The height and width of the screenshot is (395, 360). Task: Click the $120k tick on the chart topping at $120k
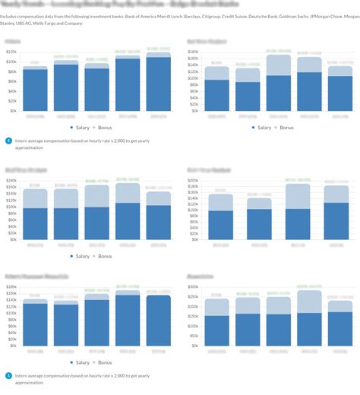click(11, 52)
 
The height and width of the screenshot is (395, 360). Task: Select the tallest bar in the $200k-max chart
click(298, 211)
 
